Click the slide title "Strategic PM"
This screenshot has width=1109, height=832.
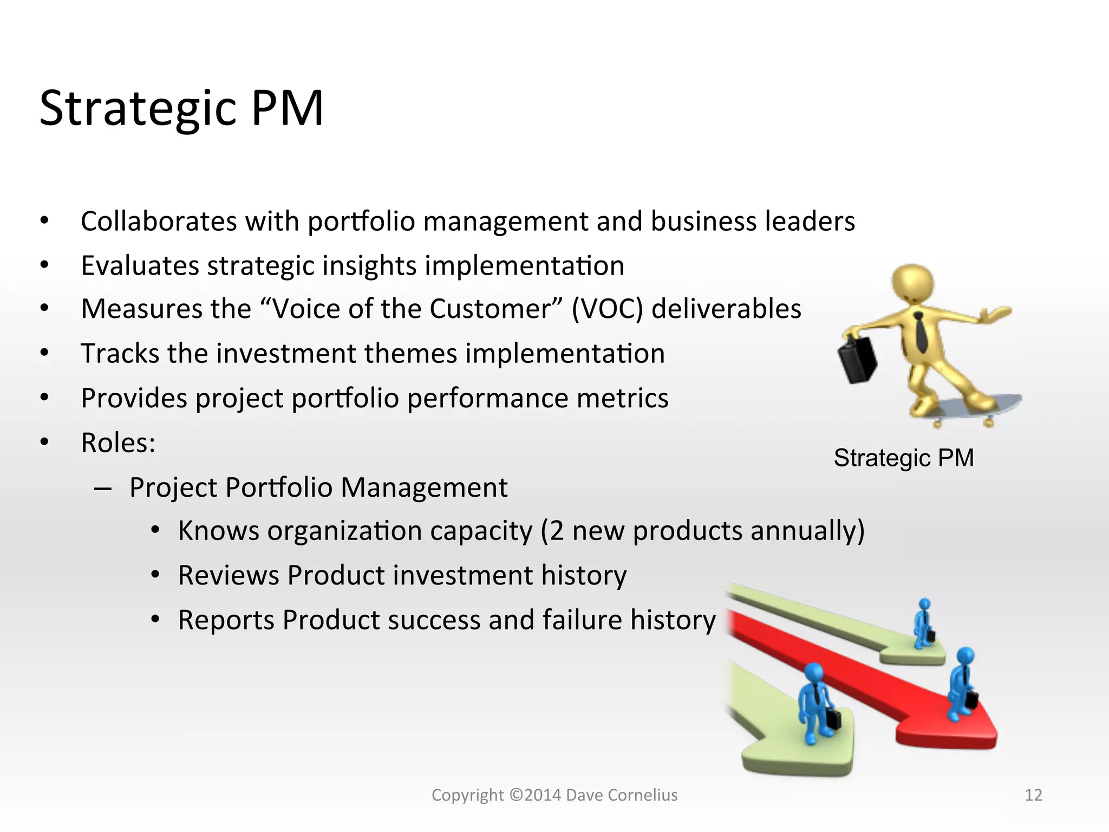tap(181, 108)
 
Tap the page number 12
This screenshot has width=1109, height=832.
tap(1033, 795)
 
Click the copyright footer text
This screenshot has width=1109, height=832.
tap(554, 795)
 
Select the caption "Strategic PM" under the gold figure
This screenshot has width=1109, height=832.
tap(903, 458)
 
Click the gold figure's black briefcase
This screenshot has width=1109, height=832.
tap(857, 360)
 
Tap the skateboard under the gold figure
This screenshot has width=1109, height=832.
tap(975, 406)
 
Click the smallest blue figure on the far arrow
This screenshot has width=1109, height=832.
tap(924, 623)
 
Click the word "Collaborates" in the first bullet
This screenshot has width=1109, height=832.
tap(159, 221)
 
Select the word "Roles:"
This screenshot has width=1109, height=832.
tap(118, 443)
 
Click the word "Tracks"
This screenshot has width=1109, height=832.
tap(120, 353)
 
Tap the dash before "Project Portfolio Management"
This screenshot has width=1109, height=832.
tap(103, 488)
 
